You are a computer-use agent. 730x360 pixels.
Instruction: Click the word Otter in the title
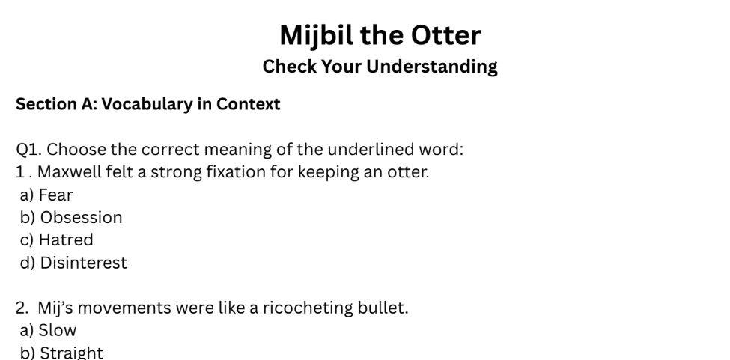point(442,34)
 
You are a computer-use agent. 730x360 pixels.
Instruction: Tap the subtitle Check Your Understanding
point(380,67)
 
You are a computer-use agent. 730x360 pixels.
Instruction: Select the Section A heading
point(148,104)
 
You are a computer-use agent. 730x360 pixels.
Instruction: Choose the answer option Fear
point(55,195)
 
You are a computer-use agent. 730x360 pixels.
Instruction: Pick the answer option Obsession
point(81,218)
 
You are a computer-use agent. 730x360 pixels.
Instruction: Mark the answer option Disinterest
point(83,263)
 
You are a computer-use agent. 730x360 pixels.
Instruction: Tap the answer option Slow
point(58,330)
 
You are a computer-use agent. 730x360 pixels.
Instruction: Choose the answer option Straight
point(71,353)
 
